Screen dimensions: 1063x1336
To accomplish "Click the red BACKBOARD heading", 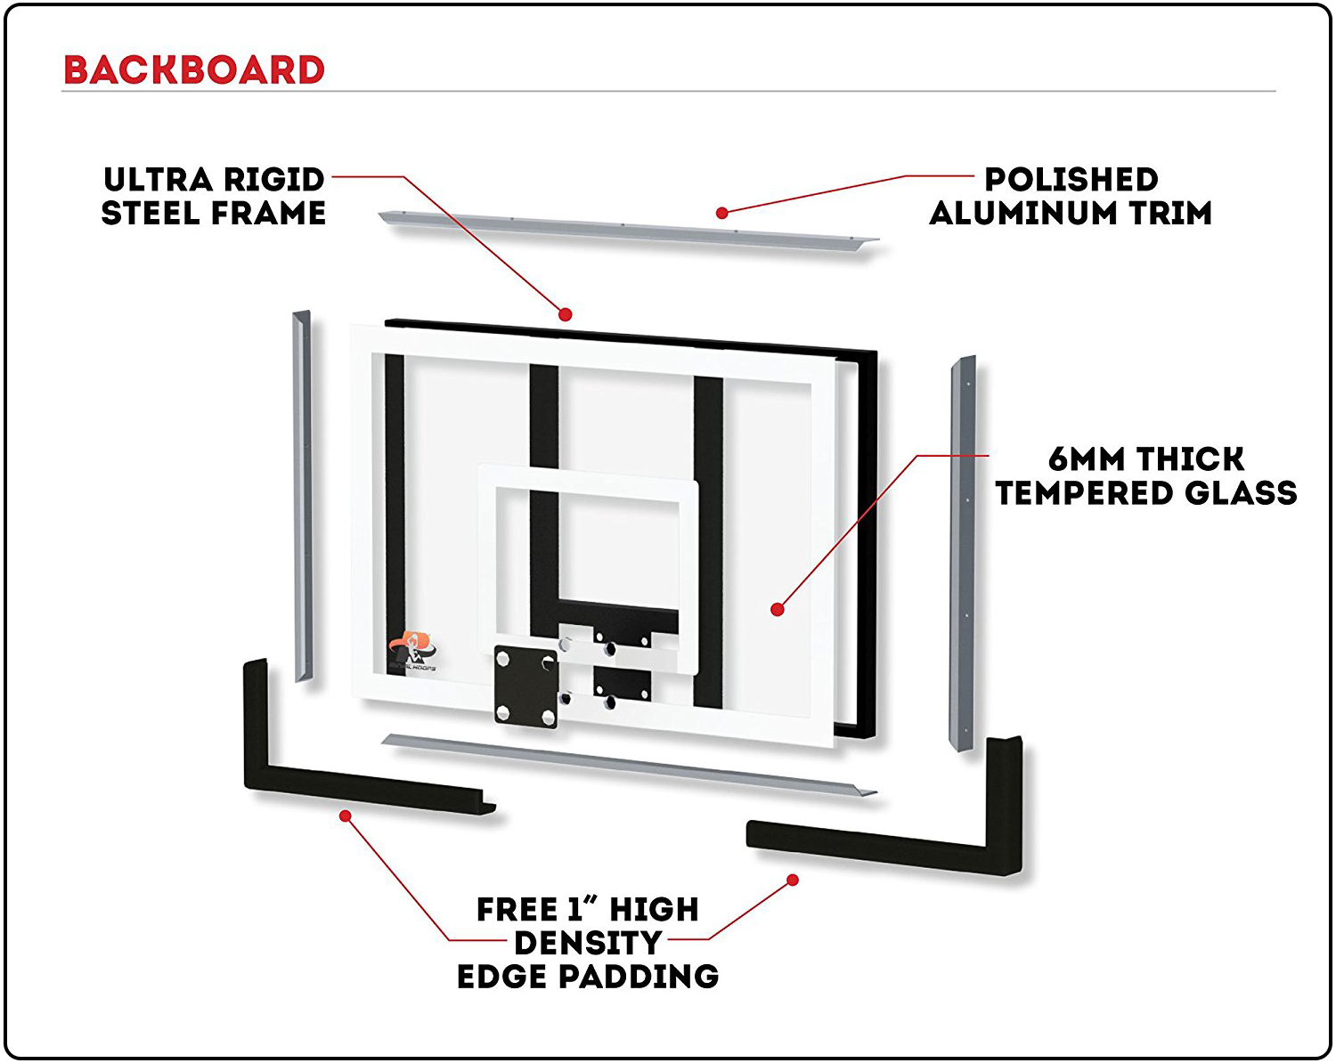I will click(194, 70).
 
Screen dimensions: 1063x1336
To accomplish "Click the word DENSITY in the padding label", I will click(588, 943).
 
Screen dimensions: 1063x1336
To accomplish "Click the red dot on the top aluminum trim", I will click(722, 213).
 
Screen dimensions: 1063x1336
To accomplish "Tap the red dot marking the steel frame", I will click(565, 314).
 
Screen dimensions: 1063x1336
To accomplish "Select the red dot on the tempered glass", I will click(778, 609).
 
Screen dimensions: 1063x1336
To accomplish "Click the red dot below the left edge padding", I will click(346, 815).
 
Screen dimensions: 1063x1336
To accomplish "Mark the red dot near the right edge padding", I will click(793, 880).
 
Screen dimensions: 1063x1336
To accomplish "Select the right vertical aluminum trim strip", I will click(963, 552).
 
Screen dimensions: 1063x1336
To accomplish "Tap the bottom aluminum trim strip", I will click(623, 766).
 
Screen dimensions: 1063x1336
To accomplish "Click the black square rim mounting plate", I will click(525, 686).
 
